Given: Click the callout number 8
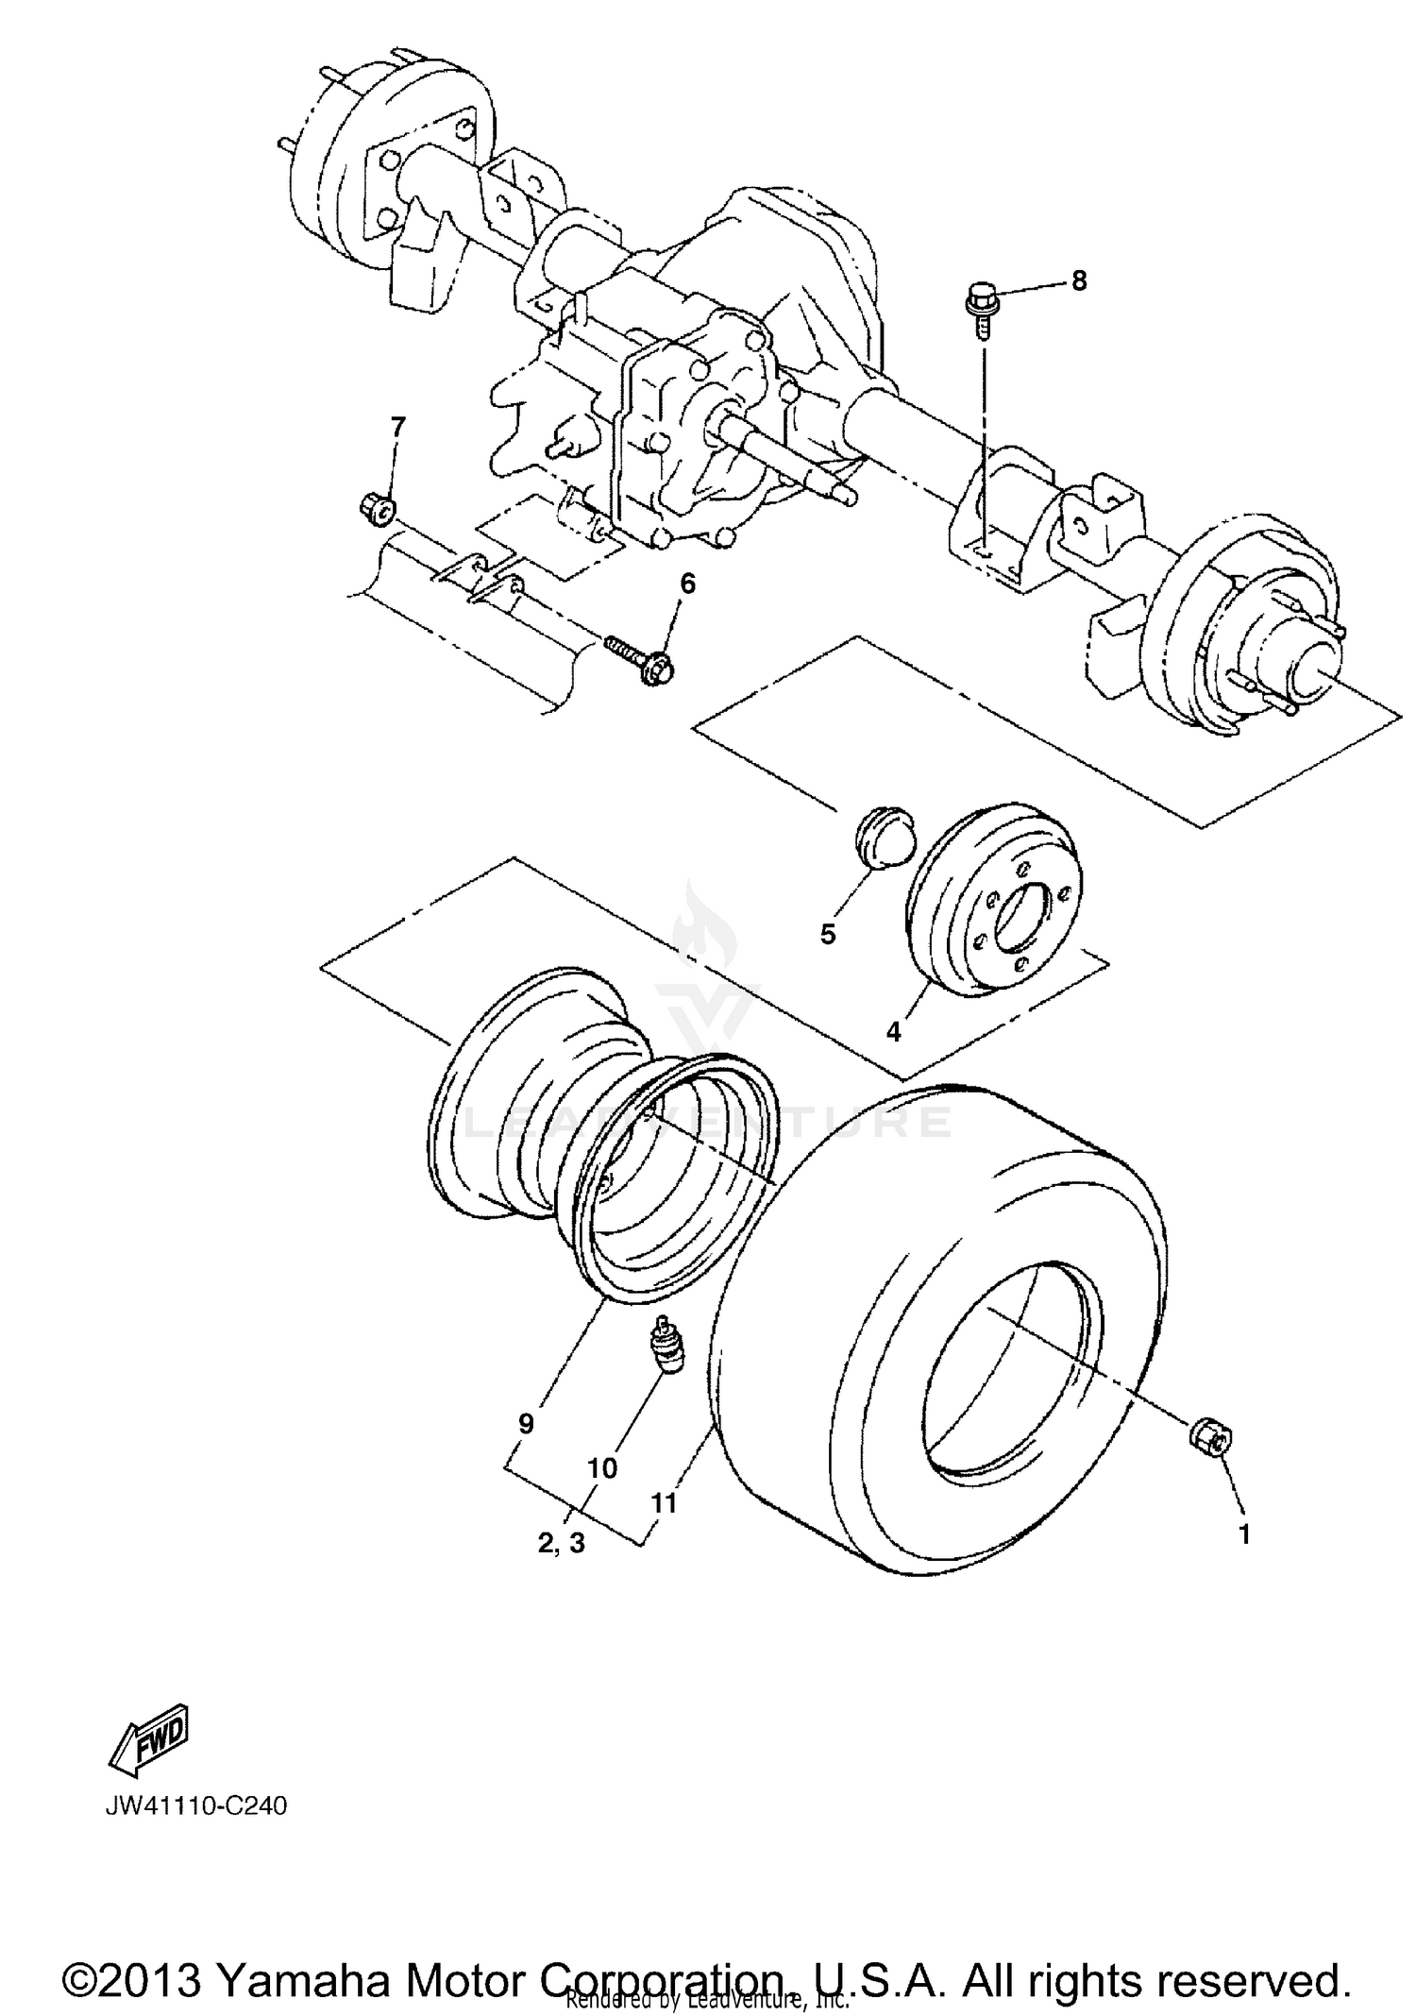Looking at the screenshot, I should (x=1078, y=280).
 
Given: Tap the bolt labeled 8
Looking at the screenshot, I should (x=980, y=312).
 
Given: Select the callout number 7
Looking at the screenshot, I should (x=397, y=429).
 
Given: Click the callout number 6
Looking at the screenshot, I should (x=687, y=584).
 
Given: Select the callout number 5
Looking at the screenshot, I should (x=828, y=934).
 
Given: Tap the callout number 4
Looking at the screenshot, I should (x=893, y=1032).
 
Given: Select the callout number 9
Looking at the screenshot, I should (x=527, y=1423).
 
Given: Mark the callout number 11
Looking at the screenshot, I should (x=665, y=1502).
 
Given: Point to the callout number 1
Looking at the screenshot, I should (x=1244, y=1534).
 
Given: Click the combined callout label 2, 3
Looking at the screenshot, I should (x=562, y=1543).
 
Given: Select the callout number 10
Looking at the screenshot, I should (x=602, y=1468).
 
